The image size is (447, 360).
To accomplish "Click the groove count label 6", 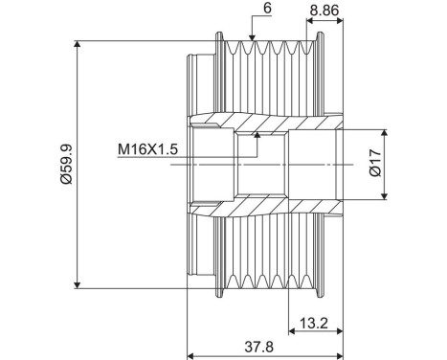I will (x=241, y=9).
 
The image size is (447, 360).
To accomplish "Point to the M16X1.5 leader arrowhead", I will (x=257, y=137).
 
